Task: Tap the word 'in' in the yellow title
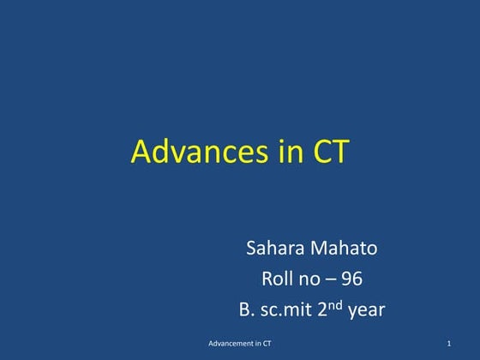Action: coord(286,152)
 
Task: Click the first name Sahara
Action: coord(273,249)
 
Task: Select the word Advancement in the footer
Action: coord(232,345)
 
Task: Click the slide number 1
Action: coord(448,345)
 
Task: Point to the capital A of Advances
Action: coord(141,152)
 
